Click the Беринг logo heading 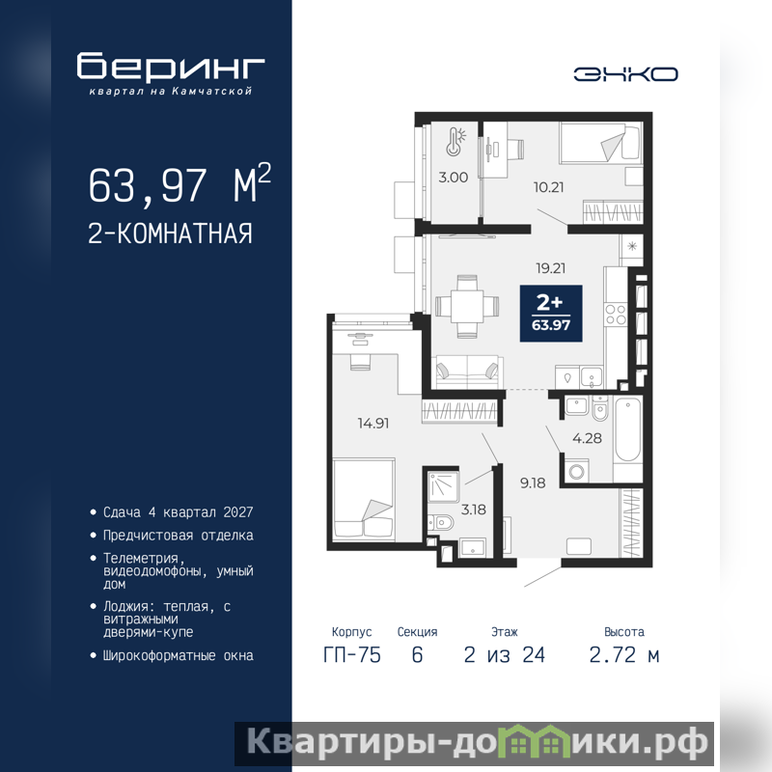pyautogui.click(x=171, y=66)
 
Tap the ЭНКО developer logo pyautogui.click(x=625, y=74)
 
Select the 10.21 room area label pyautogui.click(x=548, y=187)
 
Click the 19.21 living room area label pyautogui.click(x=550, y=268)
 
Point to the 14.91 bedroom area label pyautogui.click(x=373, y=423)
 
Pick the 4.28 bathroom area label pyautogui.click(x=587, y=438)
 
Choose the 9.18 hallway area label pyautogui.click(x=533, y=482)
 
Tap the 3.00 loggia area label pyautogui.click(x=453, y=178)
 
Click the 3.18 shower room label pyautogui.click(x=474, y=510)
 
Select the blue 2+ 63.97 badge pyautogui.click(x=551, y=313)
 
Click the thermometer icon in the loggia pyautogui.click(x=455, y=142)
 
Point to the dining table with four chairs pyautogui.click(x=467, y=306)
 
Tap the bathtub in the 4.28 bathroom pyautogui.click(x=628, y=429)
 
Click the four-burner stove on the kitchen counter pyautogui.click(x=616, y=316)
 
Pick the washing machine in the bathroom pyautogui.click(x=576, y=471)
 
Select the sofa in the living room pyautogui.click(x=468, y=372)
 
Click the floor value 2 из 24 pyautogui.click(x=504, y=655)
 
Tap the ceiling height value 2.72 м pyautogui.click(x=623, y=655)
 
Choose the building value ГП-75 pyautogui.click(x=352, y=655)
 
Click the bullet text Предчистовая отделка pyautogui.click(x=179, y=536)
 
